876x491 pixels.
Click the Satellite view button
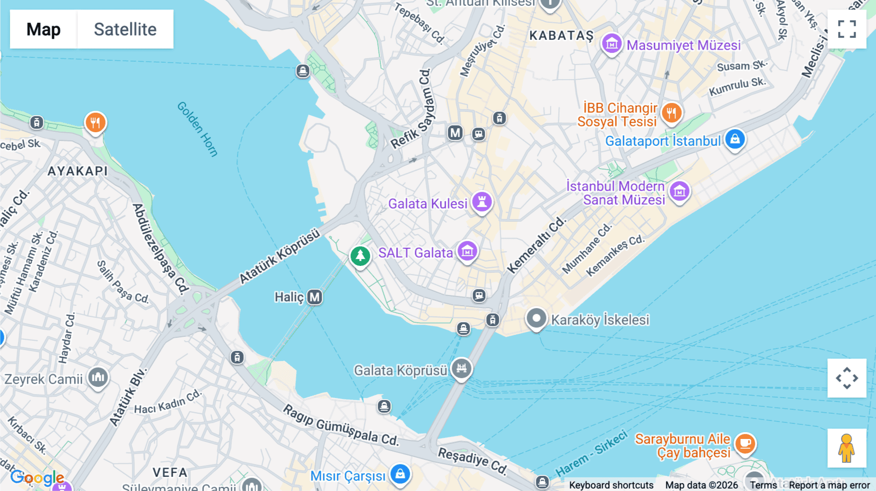125,29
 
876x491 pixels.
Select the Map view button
43,29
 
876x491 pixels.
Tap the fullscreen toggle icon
847,29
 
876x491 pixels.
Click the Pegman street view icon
847,448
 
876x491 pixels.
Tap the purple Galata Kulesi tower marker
482,201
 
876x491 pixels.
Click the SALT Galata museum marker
467,251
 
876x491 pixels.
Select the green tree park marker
360,255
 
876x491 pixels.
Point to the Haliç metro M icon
315,297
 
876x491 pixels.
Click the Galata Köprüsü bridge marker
461,368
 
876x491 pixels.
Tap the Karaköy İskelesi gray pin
536,319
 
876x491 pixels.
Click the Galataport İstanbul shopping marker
735,139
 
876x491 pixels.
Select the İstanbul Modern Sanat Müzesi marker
679,191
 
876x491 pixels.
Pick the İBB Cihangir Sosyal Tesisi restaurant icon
672,113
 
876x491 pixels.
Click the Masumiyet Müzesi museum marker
612,44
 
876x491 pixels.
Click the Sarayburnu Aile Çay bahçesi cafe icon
745,443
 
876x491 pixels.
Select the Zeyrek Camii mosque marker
98,377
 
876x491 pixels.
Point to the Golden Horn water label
197,129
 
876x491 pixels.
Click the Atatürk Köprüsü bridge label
279,255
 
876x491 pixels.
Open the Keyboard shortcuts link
611,485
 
